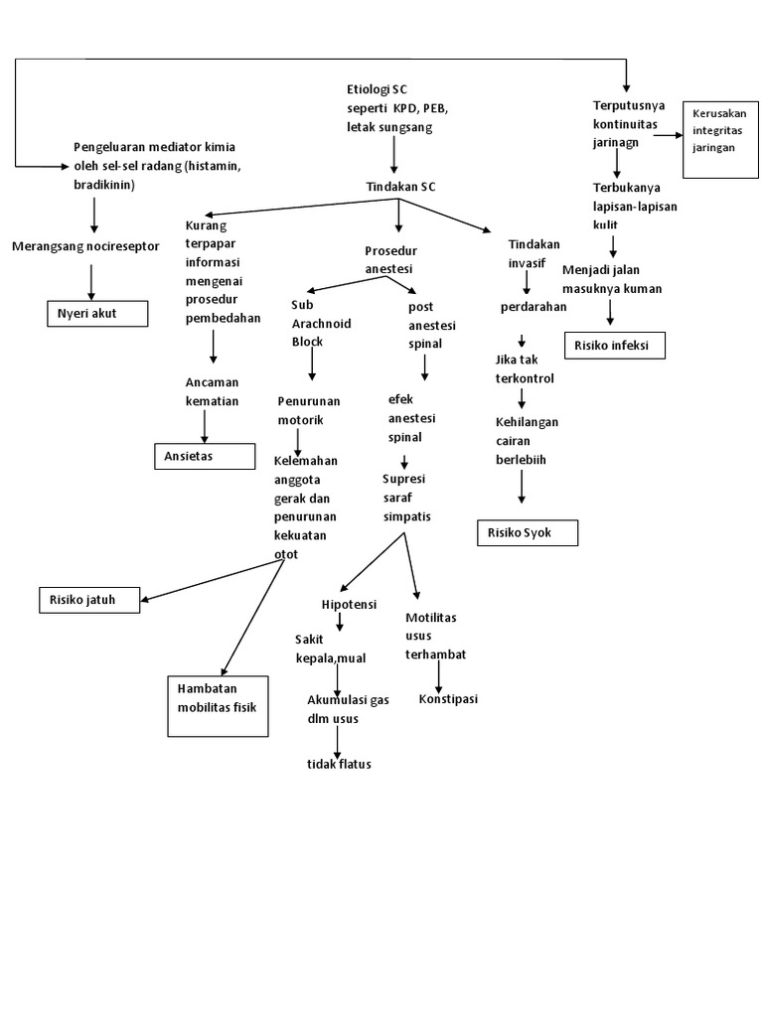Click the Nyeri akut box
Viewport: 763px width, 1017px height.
click(x=97, y=315)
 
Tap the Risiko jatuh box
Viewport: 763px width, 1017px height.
click(x=89, y=600)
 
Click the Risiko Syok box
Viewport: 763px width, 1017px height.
click(x=528, y=533)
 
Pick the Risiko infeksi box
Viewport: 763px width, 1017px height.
click(x=614, y=346)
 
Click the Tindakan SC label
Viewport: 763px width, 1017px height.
click(x=400, y=186)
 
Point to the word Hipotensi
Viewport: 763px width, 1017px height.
click(x=348, y=605)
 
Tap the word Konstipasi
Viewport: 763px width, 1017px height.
click(x=448, y=698)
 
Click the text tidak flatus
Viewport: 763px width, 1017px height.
click(x=339, y=763)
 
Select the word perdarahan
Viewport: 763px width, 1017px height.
click(x=533, y=307)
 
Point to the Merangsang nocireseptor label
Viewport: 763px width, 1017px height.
click(x=85, y=245)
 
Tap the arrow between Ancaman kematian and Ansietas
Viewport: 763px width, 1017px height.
click(x=205, y=426)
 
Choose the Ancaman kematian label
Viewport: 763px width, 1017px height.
click(x=212, y=391)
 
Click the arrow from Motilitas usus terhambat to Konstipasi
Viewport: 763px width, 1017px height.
click(x=438, y=676)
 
